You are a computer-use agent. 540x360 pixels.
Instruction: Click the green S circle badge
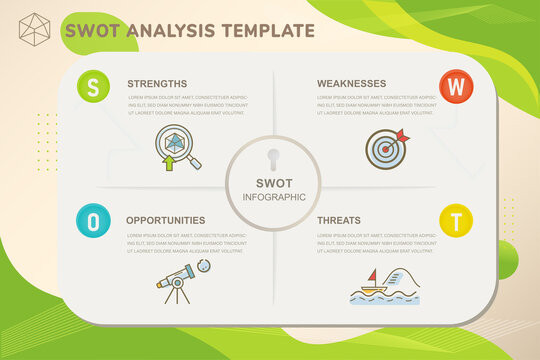point(93,87)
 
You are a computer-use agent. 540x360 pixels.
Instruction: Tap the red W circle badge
point(455,86)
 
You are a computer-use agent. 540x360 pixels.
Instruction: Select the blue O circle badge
point(93,221)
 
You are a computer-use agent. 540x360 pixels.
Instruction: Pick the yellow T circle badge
point(456,220)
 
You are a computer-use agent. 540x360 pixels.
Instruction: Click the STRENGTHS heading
point(157,83)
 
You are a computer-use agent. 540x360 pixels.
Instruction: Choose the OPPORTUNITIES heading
point(166,220)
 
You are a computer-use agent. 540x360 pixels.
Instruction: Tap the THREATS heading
point(339,220)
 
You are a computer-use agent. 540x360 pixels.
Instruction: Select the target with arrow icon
point(386,148)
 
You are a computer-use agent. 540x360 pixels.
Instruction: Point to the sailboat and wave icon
point(384,284)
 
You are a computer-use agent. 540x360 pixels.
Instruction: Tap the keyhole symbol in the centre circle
point(273,159)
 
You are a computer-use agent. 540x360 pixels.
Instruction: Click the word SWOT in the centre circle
point(273,183)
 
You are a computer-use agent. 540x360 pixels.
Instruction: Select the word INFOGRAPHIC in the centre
point(273,197)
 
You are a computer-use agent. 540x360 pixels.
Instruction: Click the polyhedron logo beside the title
point(35,29)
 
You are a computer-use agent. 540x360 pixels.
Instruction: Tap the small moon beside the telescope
point(205,266)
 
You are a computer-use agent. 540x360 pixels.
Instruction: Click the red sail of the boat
point(372,276)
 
